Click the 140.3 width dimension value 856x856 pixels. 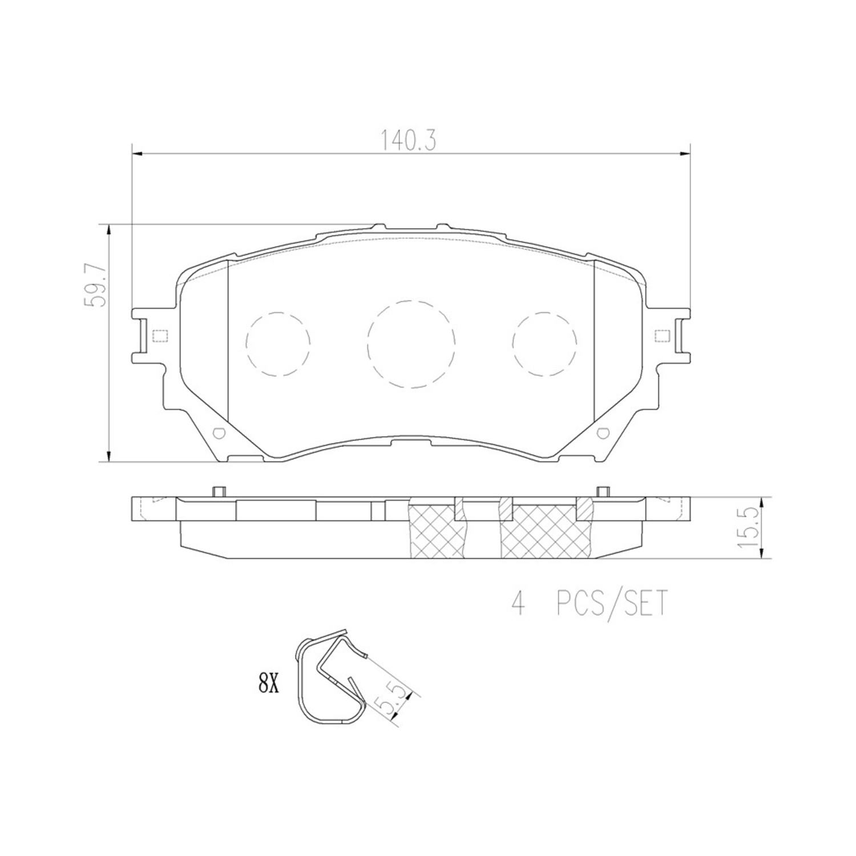408,141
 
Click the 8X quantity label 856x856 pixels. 268,683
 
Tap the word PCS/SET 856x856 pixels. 611,604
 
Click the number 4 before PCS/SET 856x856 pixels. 518,604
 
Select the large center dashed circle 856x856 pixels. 411,344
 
